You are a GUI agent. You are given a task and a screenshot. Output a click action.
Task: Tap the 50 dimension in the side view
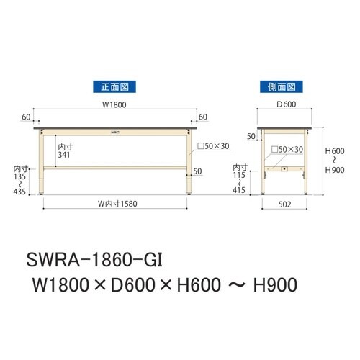[251, 135]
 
